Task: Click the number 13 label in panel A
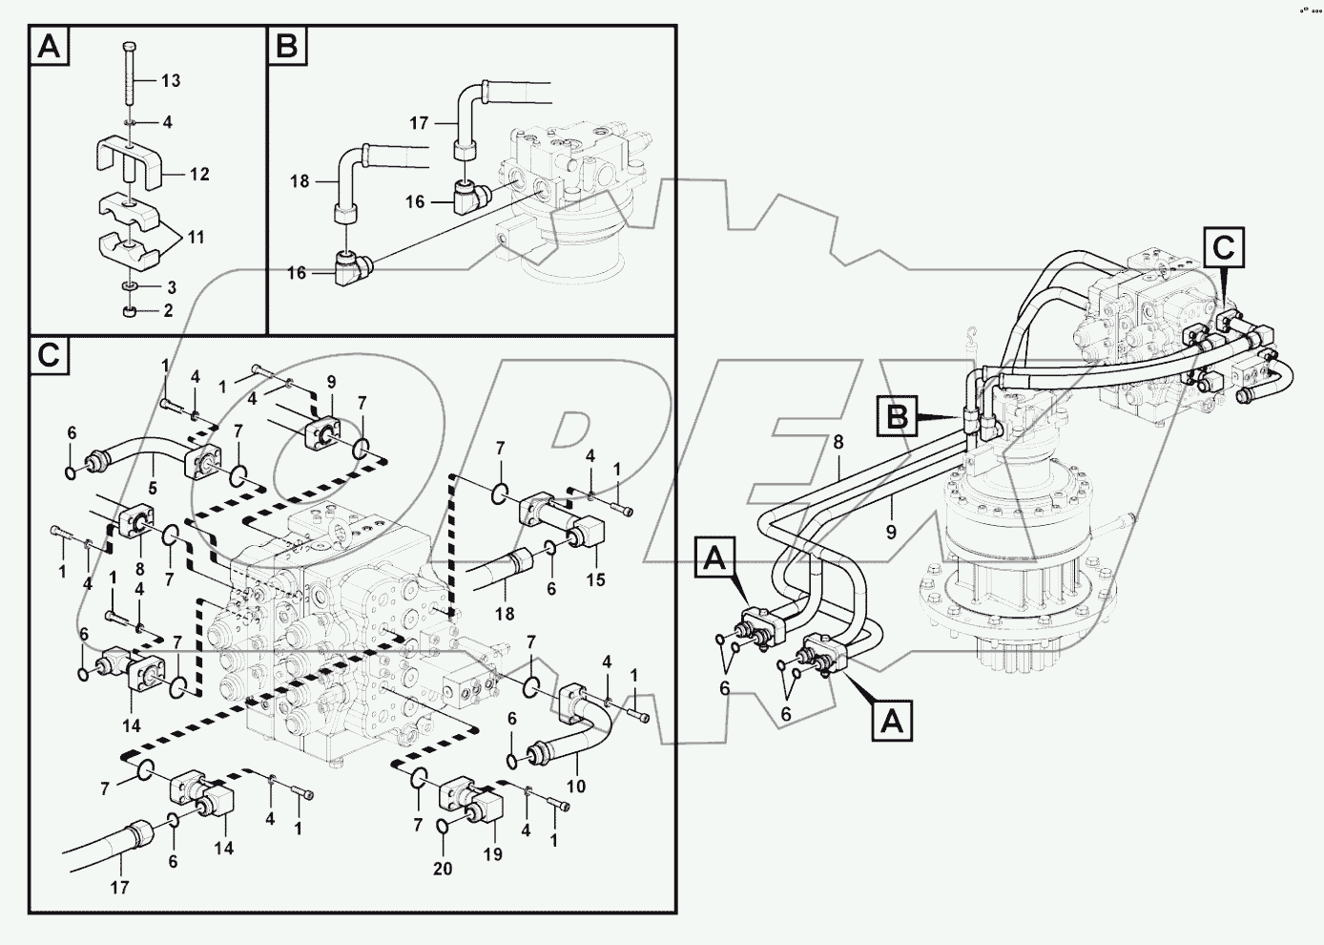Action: pyautogui.click(x=170, y=81)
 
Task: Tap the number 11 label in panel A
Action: pyautogui.click(x=195, y=237)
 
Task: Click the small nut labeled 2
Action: pyautogui.click(x=131, y=311)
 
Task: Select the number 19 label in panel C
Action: pyautogui.click(x=491, y=855)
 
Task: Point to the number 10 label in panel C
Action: pyautogui.click(x=575, y=787)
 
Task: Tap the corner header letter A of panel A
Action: pyautogui.click(x=50, y=47)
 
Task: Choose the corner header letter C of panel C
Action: pyautogui.click(x=50, y=356)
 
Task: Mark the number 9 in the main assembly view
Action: pyautogui.click(x=891, y=533)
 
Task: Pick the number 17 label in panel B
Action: pyautogui.click(x=419, y=122)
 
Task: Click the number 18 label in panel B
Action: pyautogui.click(x=300, y=180)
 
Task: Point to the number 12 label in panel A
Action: pyautogui.click(x=198, y=175)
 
